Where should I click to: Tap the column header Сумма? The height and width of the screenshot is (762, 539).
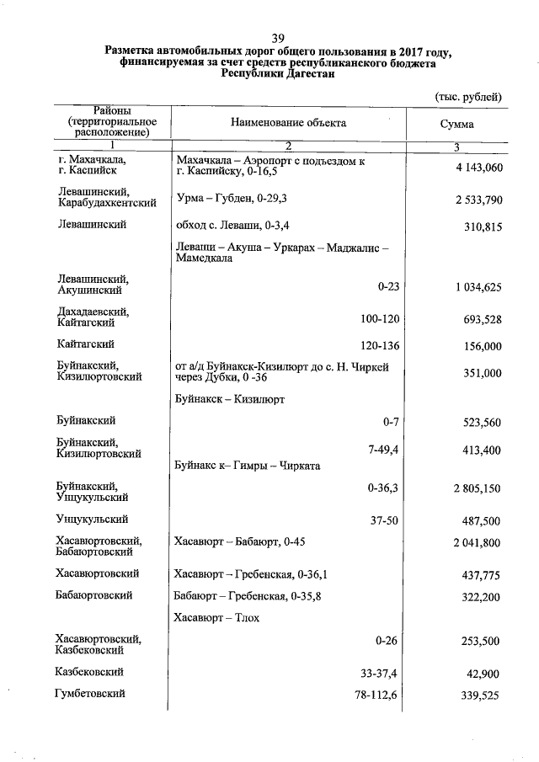click(x=456, y=124)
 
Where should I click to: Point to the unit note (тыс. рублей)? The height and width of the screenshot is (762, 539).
click(x=468, y=97)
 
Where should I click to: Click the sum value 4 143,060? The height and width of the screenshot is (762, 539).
click(x=478, y=168)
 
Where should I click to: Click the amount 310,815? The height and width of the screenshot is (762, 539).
click(x=483, y=226)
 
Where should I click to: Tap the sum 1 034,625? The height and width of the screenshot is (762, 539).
click(x=478, y=287)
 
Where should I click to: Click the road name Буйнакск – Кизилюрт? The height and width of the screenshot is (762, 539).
click(x=230, y=397)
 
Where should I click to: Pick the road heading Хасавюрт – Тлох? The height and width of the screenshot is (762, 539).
click(x=216, y=618)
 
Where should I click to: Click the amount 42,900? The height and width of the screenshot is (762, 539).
click(x=486, y=674)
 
